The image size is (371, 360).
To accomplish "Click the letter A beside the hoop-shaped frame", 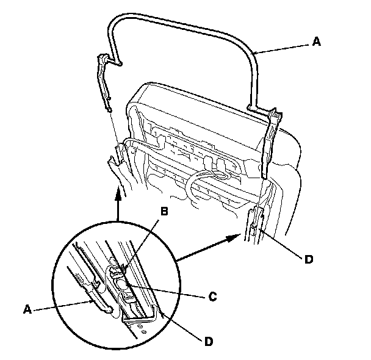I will pyautogui.click(x=315, y=42).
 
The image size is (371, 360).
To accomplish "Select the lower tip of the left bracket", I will pyautogui.click(x=109, y=109).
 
